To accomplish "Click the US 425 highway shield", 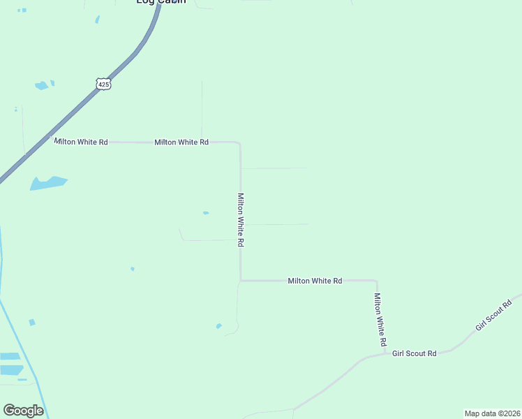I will pyautogui.click(x=103, y=84).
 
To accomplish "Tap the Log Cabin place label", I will pyautogui.click(x=161, y=2).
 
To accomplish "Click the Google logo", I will pyautogui.click(x=23, y=411).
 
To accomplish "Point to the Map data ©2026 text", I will pyautogui.click(x=492, y=413).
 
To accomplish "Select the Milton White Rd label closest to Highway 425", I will pyautogui.click(x=81, y=142).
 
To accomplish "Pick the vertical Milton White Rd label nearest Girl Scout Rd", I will pyautogui.click(x=379, y=320).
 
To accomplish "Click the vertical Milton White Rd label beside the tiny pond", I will pyautogui.click(x=241, y=219).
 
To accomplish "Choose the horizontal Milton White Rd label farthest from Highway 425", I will pyautogui.click(x=315, y=281).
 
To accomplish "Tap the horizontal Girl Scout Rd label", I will pyautogui.click(x=414, y=354).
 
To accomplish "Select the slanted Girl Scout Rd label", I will pyautogui.click(x=493, y=315).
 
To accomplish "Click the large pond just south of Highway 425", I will pyautogui.click(x=47, y=183).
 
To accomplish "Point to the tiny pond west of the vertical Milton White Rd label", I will pyautogui.click(x=205, y=213).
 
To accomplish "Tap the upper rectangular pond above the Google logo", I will pyautogui.click(x=10, y=356).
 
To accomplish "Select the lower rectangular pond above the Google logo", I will pyautogui.click(x=11, y=369).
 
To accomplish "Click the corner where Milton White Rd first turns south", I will pyautogui.click(x=239, y=143).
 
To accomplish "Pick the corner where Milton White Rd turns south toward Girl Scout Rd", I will pyautogui.click(x=376, y=281).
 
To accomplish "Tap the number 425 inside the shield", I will pyautogui.click(x=103, y=84).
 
